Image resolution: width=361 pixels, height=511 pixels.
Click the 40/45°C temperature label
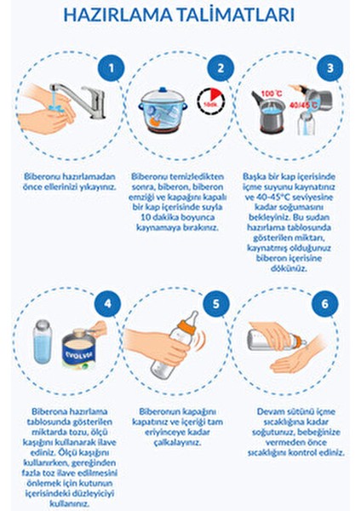coord(304,106)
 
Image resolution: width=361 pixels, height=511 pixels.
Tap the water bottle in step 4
coord(43,342)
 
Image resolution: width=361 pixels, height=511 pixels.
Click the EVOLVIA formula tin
coord(79,348)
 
